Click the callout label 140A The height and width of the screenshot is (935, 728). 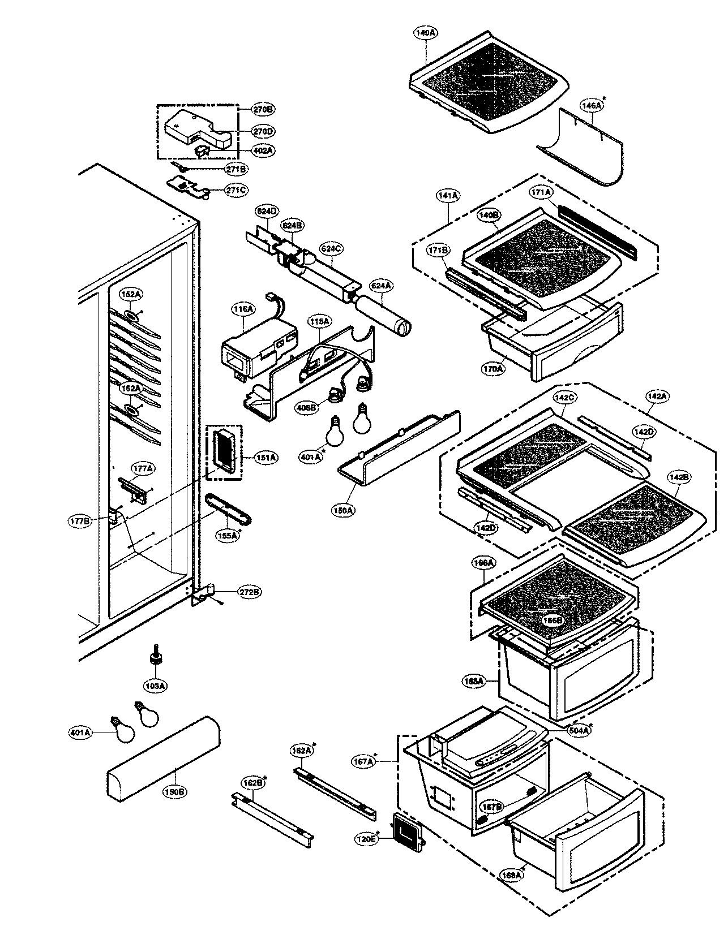point(425,33)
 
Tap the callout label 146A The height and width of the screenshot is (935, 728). point(592,105)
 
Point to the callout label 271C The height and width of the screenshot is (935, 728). point(235,190)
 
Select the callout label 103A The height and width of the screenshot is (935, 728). point(155,686)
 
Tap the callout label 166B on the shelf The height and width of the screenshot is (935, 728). point(553,620)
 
